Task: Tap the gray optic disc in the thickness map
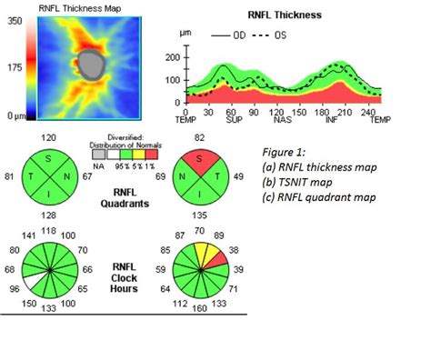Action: coord(91,65)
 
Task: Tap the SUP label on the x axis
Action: coord(230,118)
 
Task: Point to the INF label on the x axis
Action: coord(332,118)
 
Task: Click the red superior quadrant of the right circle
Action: coord(199,155)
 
